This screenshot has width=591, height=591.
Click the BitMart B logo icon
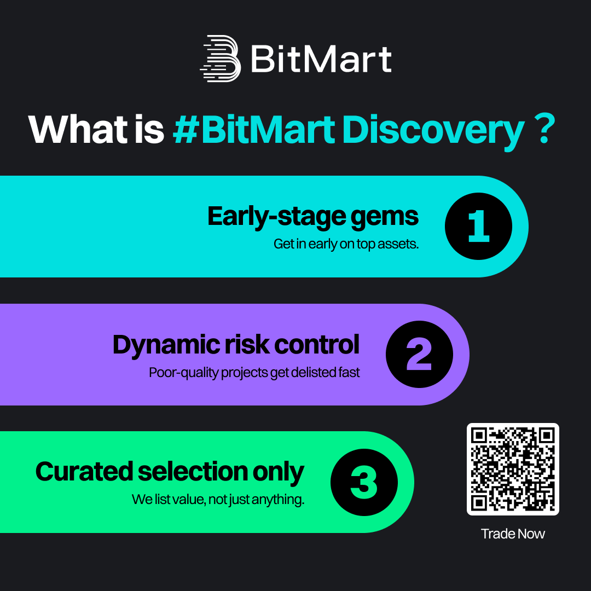221,59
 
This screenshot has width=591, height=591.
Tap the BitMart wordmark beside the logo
321,59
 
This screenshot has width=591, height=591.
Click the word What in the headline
78,129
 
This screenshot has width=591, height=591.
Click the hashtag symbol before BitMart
186,129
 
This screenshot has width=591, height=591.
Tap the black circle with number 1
478,226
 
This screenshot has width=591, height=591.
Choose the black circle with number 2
419,354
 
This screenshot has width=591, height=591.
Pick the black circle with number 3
364,482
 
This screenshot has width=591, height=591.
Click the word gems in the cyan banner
385,218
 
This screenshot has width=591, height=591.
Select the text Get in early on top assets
346,244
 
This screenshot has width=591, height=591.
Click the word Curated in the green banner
84,471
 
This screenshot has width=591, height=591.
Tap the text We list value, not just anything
218,500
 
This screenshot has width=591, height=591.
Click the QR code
513,469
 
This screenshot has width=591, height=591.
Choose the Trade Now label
513,534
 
